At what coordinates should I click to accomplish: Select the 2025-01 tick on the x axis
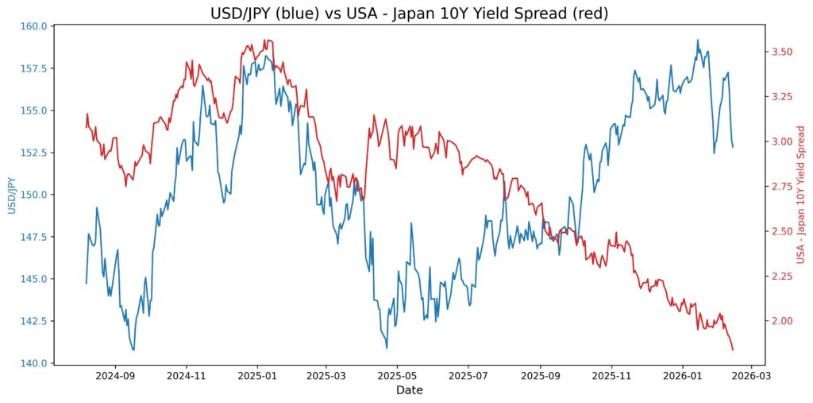click(257, 375)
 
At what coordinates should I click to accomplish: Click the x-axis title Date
click(410, 390)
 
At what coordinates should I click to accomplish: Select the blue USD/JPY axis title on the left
click(12, 195)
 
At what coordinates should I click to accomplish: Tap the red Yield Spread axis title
click(800, 195)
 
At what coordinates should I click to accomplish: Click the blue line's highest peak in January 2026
click(698, 40)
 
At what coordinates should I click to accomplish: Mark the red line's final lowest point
click(733, 350)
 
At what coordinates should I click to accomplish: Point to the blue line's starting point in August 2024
click(87, 283)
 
